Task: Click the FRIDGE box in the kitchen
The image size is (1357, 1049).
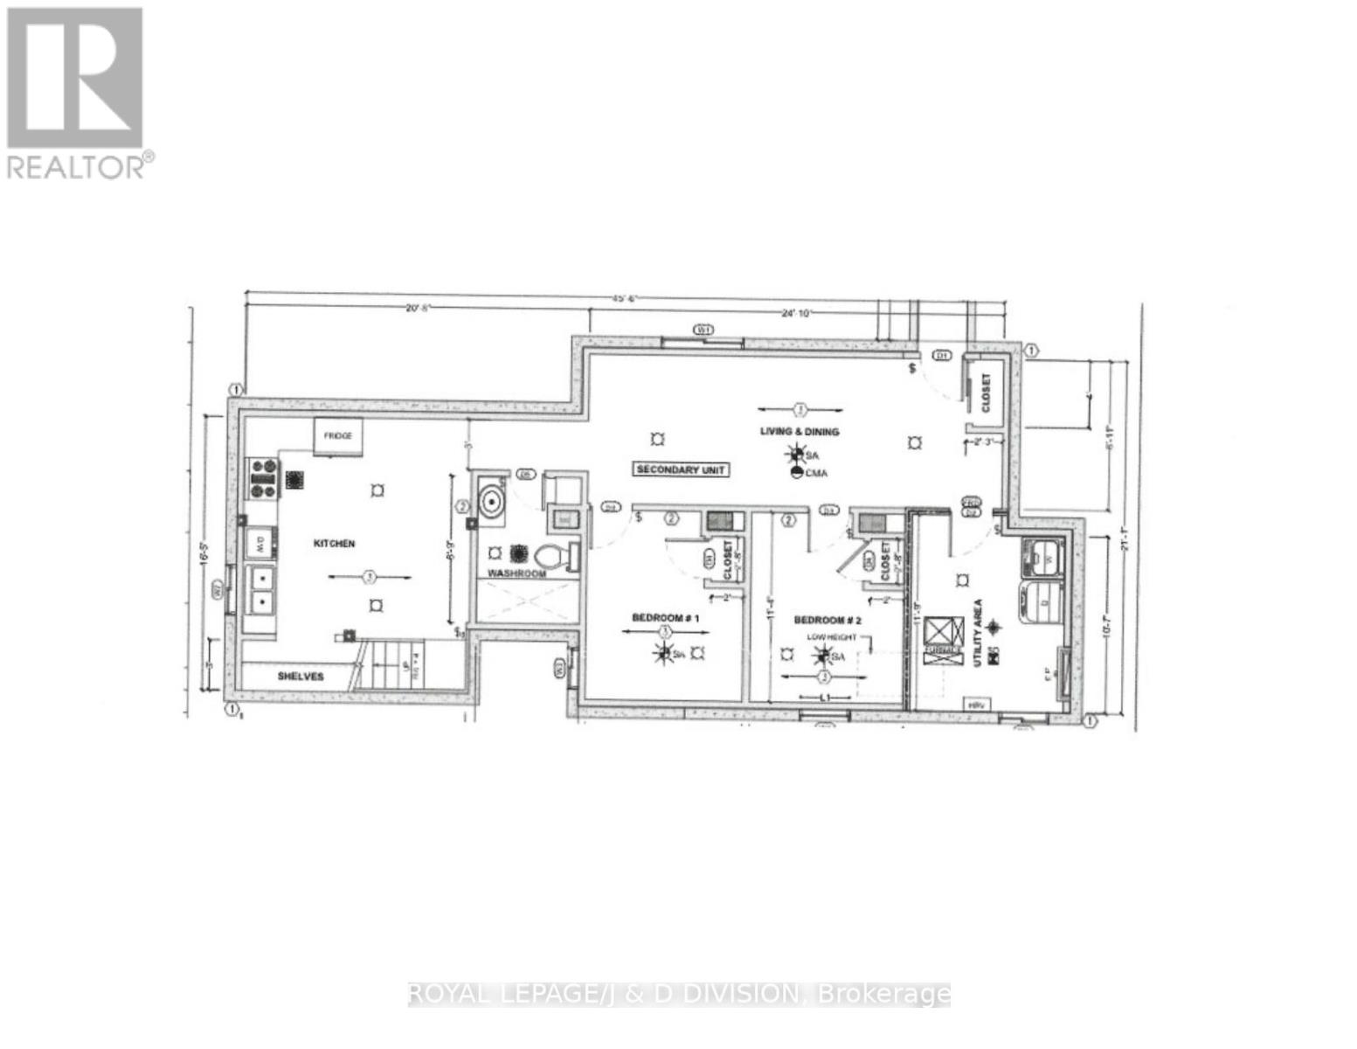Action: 338,435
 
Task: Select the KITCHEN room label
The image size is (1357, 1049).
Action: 334,544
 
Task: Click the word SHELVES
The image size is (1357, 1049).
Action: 301,677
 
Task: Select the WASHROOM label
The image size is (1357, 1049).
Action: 516,574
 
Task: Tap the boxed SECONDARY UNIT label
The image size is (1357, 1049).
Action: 681,469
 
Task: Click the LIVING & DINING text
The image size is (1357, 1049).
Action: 799,432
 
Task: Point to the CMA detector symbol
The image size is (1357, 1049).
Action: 796,474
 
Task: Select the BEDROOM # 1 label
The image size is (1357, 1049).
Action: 666,618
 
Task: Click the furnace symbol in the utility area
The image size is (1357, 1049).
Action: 944,636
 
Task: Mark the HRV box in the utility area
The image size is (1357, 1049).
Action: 974,704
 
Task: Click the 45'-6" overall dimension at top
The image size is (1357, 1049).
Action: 626,298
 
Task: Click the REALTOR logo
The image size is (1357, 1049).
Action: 77,92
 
